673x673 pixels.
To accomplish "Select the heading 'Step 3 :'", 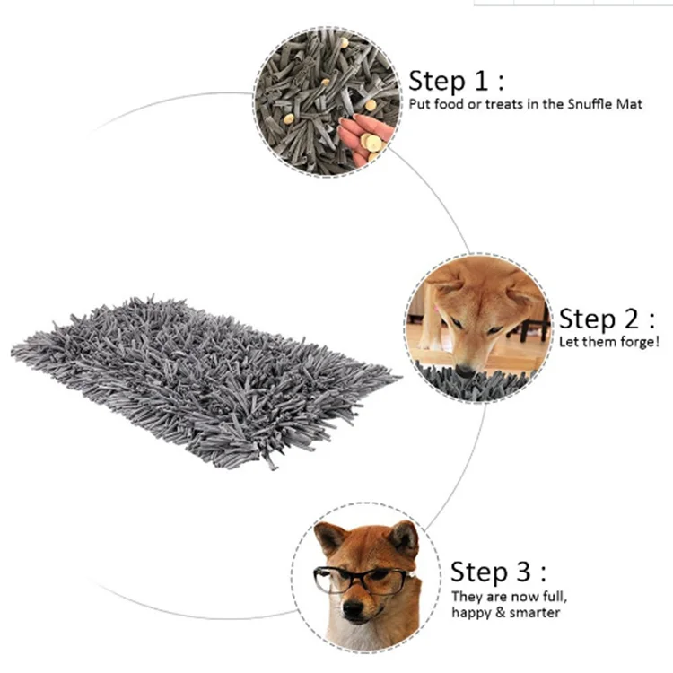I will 498,572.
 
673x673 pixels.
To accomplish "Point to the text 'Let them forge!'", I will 609,342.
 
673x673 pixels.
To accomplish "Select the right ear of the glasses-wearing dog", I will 404,537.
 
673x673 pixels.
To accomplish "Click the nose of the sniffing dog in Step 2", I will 465,369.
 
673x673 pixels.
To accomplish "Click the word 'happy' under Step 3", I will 469,612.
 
